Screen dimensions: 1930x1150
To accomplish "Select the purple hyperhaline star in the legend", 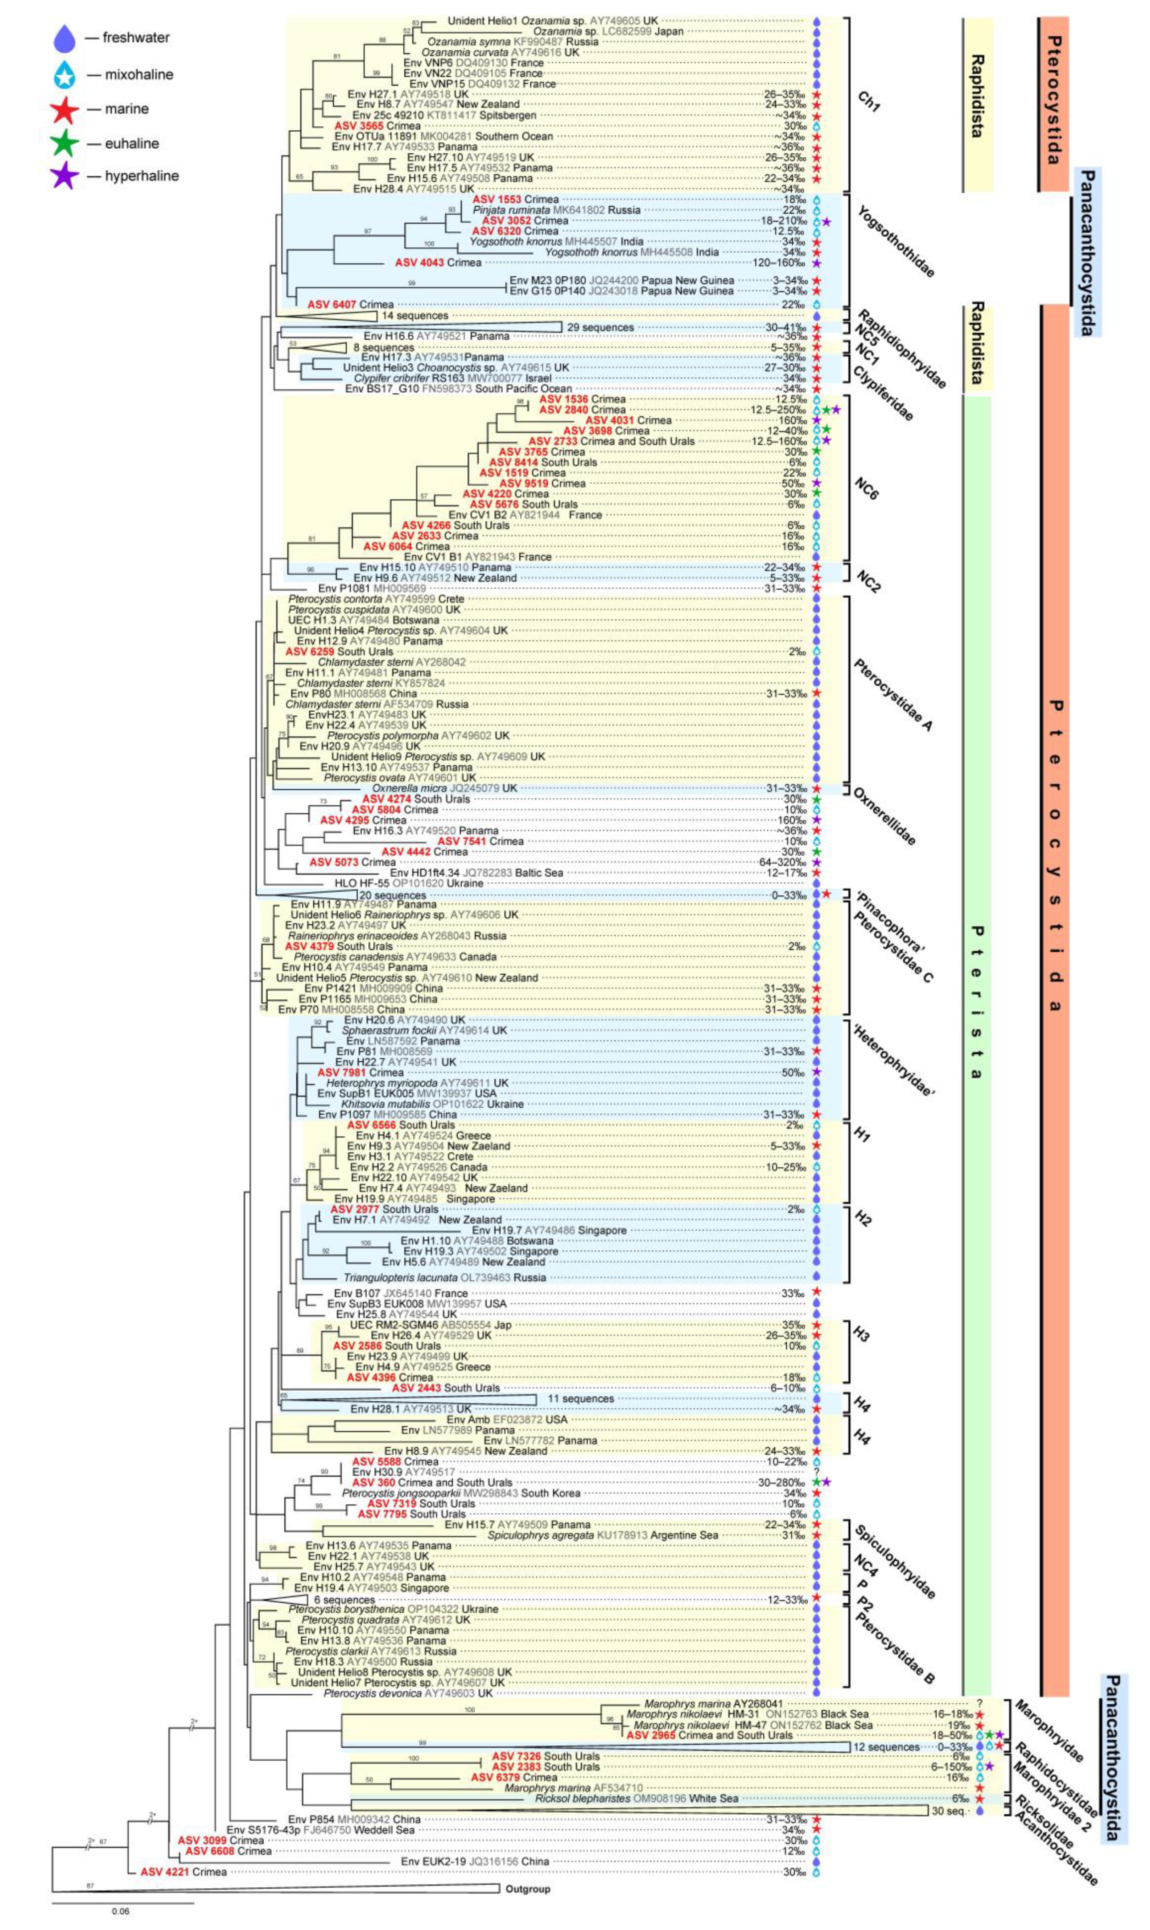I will pyautogui.click(x=64, y=176).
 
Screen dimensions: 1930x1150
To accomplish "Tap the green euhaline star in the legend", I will pyautogui.click(x=64, y=143).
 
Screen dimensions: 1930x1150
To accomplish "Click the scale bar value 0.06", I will pyautogui.click(x=120, y=1911).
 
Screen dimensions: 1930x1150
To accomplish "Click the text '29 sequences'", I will pyautogui.click(x=600, y=327).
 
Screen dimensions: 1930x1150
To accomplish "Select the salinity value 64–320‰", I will pyautogui.click(x=783, y=862).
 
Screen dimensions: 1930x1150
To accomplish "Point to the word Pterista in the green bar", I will pyautogui.click(x=977, y=1000).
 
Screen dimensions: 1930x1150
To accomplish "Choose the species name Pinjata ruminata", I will pyautogui.click(x=512, y=210).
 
